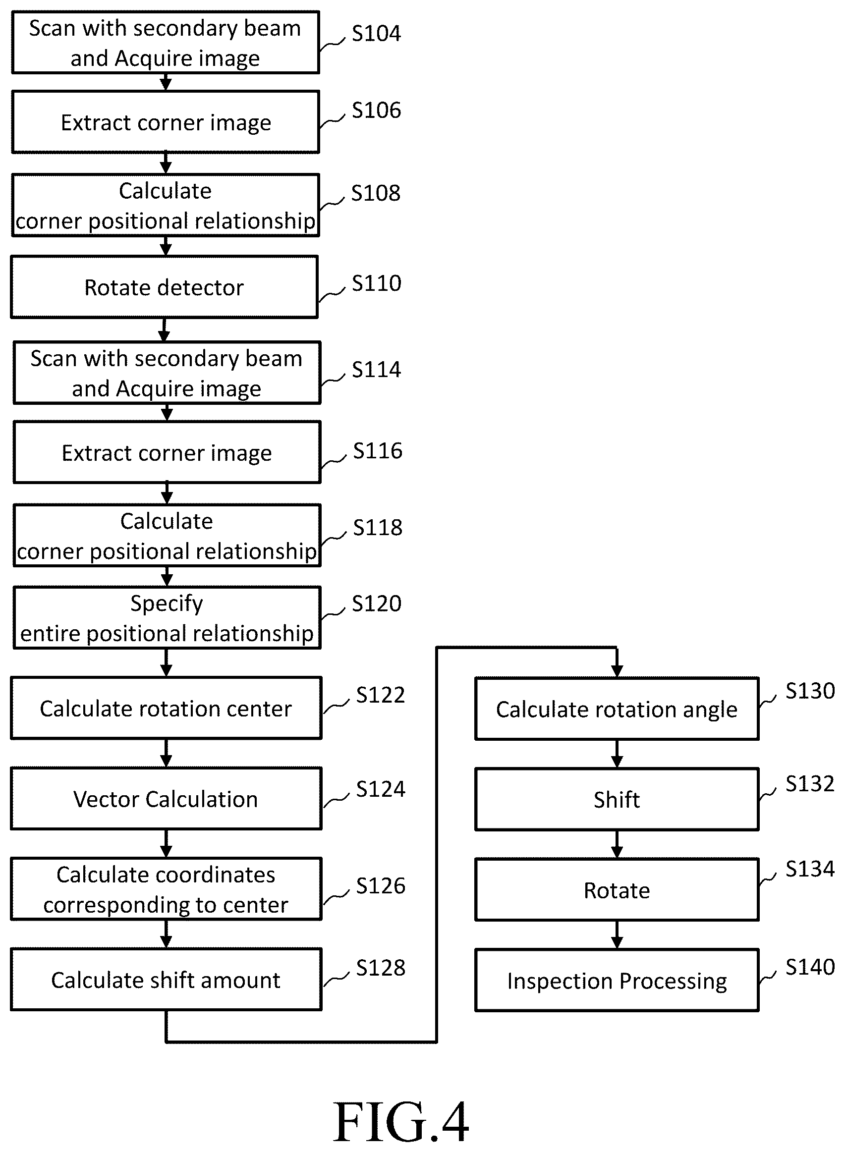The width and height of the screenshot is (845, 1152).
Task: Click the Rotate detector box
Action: coord(164,287)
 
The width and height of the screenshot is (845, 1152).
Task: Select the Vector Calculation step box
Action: coord(166,799)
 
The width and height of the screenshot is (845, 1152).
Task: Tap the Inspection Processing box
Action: coord(617,981)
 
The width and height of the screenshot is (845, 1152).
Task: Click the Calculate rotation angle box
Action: coord(617,709)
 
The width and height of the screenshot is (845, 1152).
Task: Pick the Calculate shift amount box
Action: coord(166,980)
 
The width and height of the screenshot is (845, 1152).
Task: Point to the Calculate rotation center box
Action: coord(166,708)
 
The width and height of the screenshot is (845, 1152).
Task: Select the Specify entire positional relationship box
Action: coord(167,618)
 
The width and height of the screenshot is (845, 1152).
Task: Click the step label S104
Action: coord(377,33)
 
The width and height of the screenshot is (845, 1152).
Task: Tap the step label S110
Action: coord(377,283)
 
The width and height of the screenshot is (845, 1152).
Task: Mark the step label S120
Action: coord(377,604)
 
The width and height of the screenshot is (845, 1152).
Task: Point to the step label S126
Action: coord(381,885)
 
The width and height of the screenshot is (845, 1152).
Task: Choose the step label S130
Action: coord(810,691)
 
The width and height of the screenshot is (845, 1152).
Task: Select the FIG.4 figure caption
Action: coord(401,1122)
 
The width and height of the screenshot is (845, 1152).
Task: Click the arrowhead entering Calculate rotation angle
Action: coord(617,671)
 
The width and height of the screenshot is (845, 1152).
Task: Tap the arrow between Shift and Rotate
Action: coord(617,845)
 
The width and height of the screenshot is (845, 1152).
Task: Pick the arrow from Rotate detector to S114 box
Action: coord(164,330)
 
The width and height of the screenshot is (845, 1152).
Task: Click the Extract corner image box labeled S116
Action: coord(167,452)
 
